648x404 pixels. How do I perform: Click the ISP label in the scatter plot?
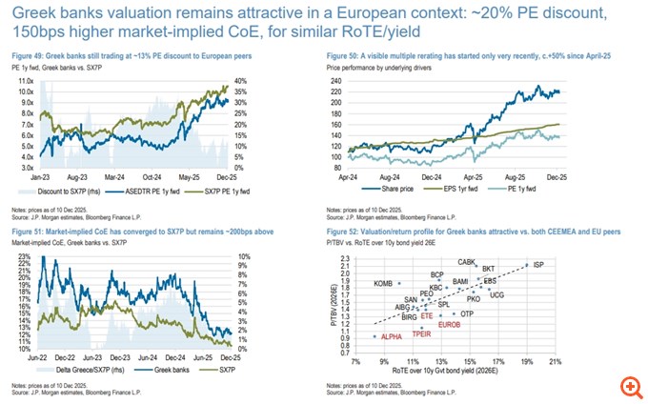538,264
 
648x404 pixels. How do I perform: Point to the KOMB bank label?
383,283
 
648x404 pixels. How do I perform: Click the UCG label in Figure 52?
496,294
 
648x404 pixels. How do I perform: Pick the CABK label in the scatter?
467,262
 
